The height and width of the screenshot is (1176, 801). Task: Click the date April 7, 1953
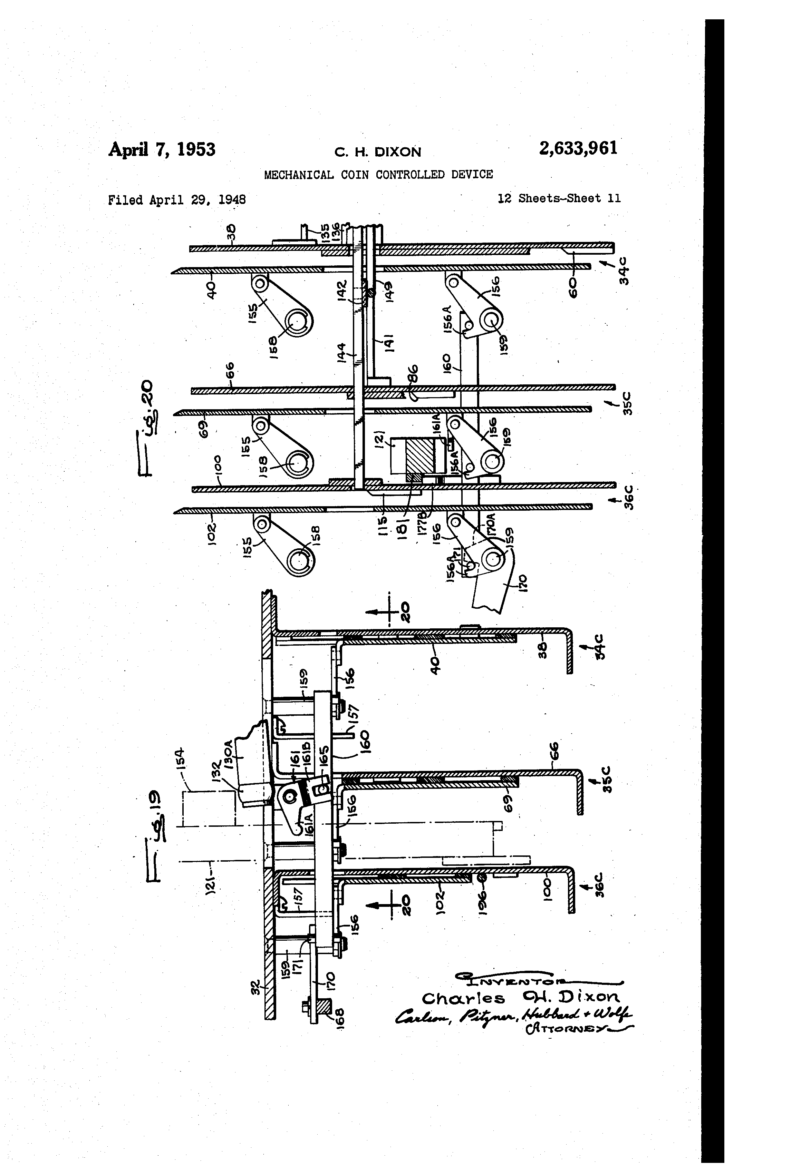[x=162, y=149]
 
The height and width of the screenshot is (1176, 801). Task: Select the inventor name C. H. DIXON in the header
[x=377, y=152]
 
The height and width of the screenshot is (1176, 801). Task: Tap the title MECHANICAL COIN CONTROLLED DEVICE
[x=378, y=175]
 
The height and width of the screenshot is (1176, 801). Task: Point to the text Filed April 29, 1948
[x=177, y=200]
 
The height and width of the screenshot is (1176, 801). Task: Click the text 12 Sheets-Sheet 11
[x=559, y=198]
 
